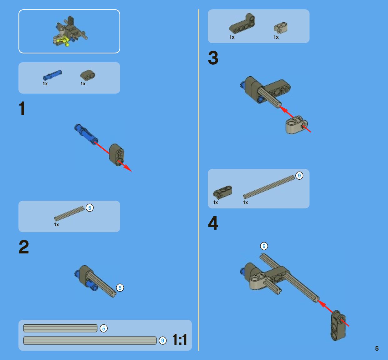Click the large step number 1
tap(22, 108)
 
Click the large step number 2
tap(24, 247)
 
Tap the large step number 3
tap(213, 58)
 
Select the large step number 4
tap(213, 223)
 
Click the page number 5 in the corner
tap(377, 348)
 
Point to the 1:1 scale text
tap(180, 339)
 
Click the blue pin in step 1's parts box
tap(52, 75)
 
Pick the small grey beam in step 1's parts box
tap(88, 75)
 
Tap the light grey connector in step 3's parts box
tap(280, 27)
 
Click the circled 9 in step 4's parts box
tap(299, 176)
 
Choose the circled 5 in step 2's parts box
tap(90, 208)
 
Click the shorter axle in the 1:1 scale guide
tap(60, 328)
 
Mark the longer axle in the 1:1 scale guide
tap(90, 341)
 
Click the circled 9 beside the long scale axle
tap(162, 341)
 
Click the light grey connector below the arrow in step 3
tap(297, 125)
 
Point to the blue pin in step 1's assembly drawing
tap(86, 134)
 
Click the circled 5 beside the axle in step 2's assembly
tap(120, 288)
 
